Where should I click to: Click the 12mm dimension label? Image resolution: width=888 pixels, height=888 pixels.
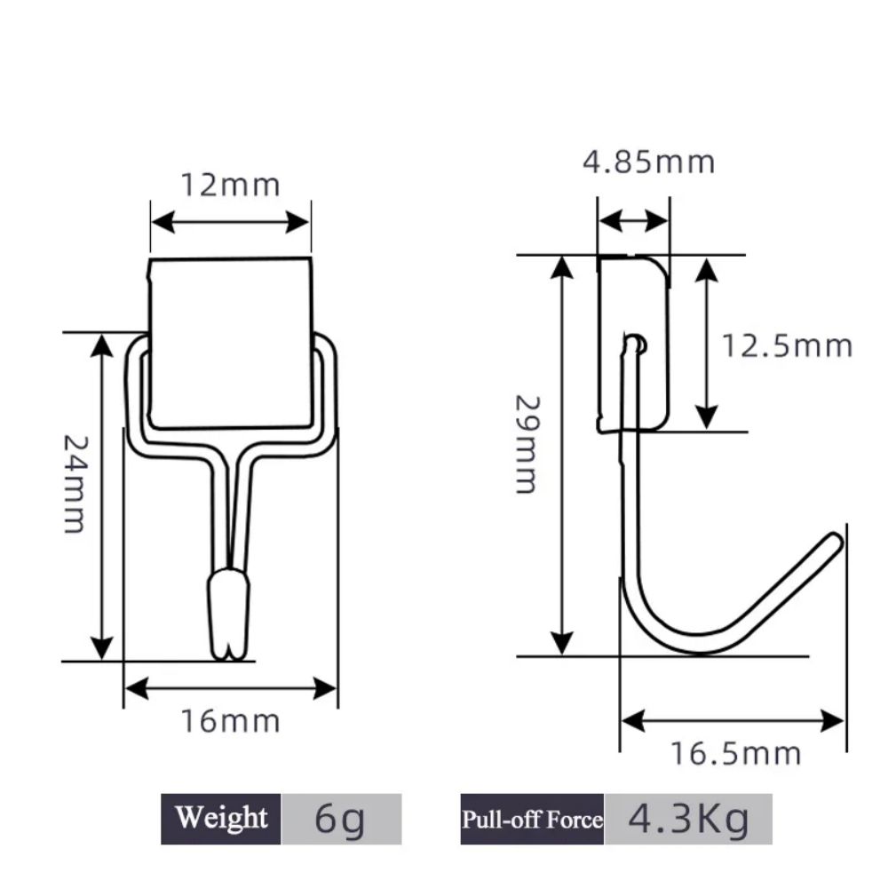tap(230, 185)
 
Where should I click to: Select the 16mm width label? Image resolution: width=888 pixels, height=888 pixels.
tap(230, 721)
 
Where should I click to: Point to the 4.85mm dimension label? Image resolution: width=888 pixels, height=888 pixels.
tap(648, 162)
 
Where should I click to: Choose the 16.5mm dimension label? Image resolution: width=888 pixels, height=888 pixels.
tap(735, 754)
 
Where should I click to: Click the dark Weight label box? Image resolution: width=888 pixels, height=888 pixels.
tap(221, 818)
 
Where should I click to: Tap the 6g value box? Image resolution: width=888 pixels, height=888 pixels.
tap(341, 818)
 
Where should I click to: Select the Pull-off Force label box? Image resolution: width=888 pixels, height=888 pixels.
tap(532, 818)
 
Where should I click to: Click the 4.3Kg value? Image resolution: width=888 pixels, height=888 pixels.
tap(688, 818)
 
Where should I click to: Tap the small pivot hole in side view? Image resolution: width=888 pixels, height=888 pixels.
tap(636, 344)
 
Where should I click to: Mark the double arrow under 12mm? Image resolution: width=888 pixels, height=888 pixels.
tap(230, 222)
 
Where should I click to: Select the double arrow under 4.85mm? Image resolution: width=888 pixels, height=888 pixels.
tap(633, 221)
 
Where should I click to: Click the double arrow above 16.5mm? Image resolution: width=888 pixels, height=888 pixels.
tap(733, 720)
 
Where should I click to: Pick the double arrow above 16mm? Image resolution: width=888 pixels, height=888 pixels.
tap(230, 686)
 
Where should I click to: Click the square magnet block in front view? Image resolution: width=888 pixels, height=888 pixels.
tap(231, 342)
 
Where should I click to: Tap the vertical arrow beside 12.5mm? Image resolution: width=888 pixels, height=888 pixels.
tap(706, 345)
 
